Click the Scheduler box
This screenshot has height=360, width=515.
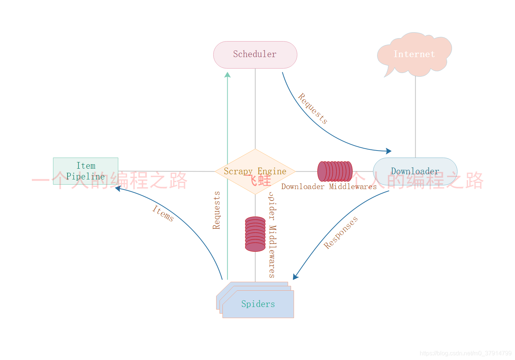tap(255, 55)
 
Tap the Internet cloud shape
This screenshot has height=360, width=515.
tap(414, 54)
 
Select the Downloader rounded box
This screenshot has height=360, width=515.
tap(415, 171)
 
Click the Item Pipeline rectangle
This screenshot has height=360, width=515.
tap(86, 171)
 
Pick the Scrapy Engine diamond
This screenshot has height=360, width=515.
tap(255, 171)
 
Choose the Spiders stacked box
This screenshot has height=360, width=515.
tap(258, 304)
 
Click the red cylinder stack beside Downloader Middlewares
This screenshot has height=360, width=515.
tap(335, 171)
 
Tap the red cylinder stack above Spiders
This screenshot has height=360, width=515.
tap(255, 234)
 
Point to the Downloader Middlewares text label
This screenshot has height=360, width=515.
tap(329, 186)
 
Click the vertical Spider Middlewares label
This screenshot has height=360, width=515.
tap(272, 235)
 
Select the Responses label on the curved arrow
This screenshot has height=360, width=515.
tap(341, 232)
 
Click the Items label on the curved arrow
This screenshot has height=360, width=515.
tap(163, 213)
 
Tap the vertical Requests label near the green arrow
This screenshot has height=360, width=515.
tap(217, 210)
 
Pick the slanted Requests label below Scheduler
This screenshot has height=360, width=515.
tap(313, 108)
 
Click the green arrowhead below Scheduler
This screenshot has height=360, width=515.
tap(228, 75)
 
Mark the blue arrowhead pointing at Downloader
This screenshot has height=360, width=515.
tap(389, 151)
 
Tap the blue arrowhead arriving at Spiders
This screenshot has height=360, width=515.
tap(295, 277)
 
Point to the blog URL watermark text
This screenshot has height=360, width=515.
tap(465, 353)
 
